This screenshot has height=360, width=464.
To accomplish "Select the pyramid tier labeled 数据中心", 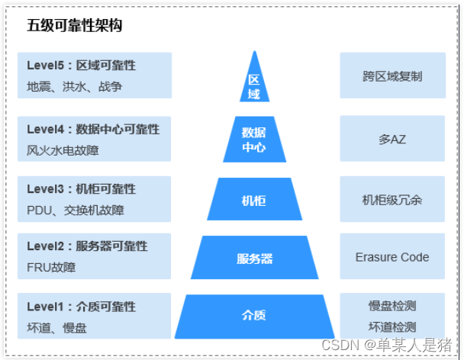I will click(254, 140).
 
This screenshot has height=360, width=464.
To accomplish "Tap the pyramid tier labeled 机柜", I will click(254, 200).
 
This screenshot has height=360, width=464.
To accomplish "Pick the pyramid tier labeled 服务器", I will click(254, 259).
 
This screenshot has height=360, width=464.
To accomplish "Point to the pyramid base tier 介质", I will click(254, 315).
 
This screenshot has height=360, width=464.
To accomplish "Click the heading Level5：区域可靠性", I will click(81, 66).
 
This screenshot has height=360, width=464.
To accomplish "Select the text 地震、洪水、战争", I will click(74, 86).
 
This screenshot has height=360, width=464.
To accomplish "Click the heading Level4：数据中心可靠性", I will click(93, 129).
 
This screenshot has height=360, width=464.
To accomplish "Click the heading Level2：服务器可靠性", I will click(87, 246).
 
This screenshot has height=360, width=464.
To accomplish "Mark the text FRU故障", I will click(51, 267).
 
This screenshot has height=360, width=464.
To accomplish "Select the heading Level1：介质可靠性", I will click(81, 307).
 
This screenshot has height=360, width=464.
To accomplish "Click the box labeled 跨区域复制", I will click(392, 76).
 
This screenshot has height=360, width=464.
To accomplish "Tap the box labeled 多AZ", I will click(392, 139).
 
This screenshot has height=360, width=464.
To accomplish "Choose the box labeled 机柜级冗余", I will click(392, 200).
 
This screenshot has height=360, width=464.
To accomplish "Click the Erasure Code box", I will click(392, 258).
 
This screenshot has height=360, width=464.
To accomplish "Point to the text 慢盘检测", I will click(392, 306).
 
